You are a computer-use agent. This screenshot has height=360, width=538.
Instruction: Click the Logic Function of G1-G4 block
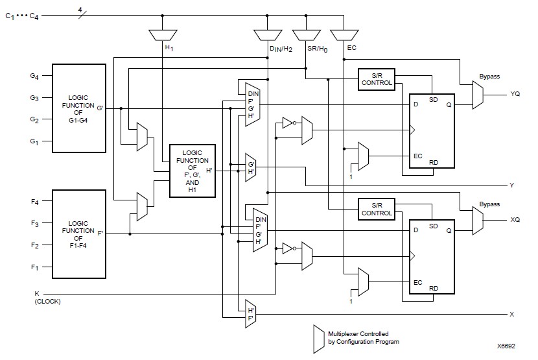[78, 108]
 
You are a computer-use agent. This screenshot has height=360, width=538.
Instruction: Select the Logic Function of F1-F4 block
[78, 234]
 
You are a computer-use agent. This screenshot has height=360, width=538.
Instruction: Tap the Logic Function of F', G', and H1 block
[191, 171]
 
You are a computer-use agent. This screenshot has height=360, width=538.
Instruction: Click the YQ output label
[515, 94]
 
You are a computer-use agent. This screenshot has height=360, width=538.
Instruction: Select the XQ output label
[515, 221]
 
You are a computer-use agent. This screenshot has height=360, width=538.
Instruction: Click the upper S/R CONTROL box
[376, 80]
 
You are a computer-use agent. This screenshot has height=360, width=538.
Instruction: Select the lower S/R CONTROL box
[376, 209]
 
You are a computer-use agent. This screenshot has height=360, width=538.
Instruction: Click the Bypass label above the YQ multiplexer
[489, 76]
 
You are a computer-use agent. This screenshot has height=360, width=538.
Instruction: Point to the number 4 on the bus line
[80, 9]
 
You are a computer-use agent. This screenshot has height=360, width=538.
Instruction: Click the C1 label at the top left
[9, 16]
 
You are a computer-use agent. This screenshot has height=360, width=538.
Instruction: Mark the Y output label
[511, 186]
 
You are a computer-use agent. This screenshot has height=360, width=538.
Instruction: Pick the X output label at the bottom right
[511, 315]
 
